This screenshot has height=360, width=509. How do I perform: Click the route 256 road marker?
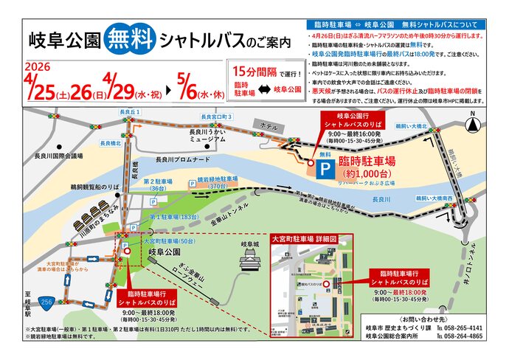point(46,301)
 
